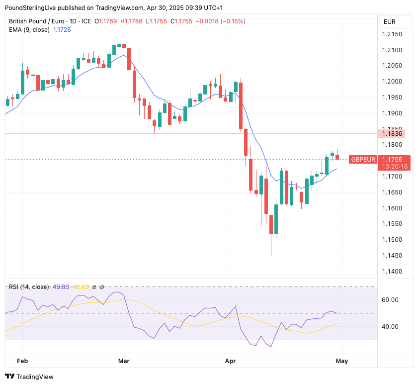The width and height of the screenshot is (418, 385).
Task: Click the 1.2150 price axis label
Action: pos(392,34)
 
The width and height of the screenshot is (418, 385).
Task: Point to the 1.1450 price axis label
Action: pos(392,256)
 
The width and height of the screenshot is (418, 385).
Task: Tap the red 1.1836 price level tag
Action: pos(392,133)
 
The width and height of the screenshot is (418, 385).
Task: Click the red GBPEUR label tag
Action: pos(362,159)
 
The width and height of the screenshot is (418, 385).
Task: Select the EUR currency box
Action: pos(390,22)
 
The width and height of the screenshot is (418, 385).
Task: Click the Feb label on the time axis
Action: pos(21,361)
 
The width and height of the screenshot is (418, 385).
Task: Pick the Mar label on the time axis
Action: pos(124,361)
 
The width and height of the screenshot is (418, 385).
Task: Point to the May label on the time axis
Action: pos(341,361)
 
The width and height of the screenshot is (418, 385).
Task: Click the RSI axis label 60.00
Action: pos(391,300)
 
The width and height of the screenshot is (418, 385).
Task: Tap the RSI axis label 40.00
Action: pos(391,327)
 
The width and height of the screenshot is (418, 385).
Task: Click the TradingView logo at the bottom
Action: pos(29,377)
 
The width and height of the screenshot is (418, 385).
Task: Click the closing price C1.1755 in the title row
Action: pos(181,21)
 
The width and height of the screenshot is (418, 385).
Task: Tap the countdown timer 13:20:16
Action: pos(394,167)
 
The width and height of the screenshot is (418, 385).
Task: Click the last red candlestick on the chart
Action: pos(337,157)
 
